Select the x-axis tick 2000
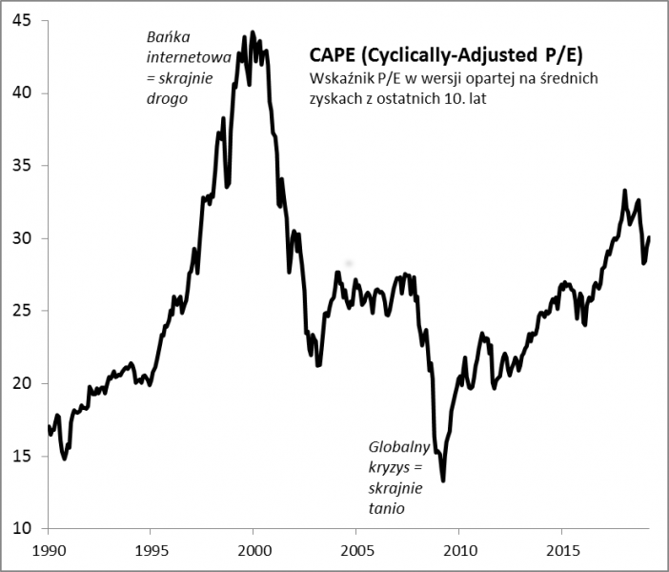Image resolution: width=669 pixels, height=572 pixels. pyautogui.click(x=253, y=552)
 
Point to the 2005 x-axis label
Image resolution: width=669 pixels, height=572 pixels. pyautogui.click(x=355, y=552)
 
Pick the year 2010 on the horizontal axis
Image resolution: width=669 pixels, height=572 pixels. pyautogui.click(x=458, y=552)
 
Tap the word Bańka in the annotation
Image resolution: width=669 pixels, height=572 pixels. pyautogui.click(x=166, y=37)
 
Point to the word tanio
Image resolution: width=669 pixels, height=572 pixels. pyautogui.click(x=388, y=509)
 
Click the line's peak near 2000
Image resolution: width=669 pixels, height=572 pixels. pyautogui.click(x=252, y=31)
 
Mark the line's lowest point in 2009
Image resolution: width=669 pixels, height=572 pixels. pyautogui.click(x=443, y=480)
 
